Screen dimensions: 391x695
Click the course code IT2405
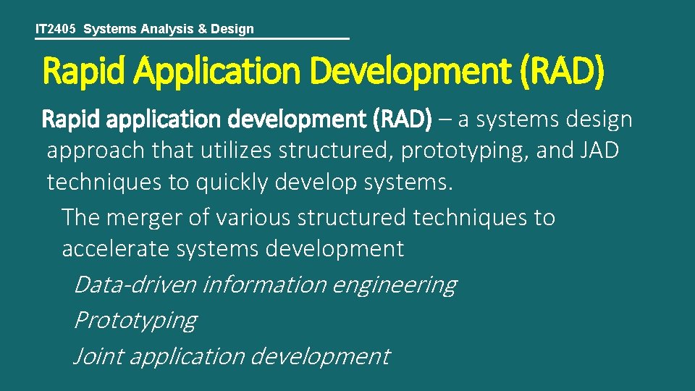coord(57,29)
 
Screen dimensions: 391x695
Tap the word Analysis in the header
coord(165,29)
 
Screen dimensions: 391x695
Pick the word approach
coord(96,151)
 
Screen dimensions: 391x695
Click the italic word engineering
coord(395,285)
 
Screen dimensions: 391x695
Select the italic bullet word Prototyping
coord(135,320)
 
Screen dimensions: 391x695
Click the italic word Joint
coord(98,356)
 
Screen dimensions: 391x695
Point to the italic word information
coord(264,285)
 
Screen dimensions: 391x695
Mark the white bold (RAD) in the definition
coord(402,119)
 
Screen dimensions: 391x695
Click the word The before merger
coord(80,216)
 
